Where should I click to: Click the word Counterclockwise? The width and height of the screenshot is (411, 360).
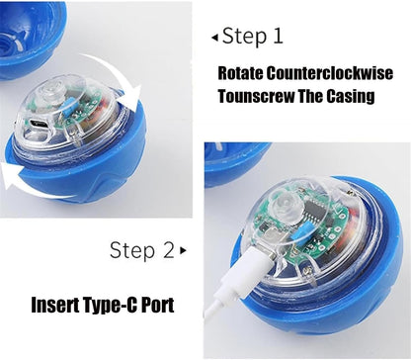coord(329,73)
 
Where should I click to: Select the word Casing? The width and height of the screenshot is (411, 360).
coord(351,96)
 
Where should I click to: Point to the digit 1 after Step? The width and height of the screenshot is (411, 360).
coord(278,36)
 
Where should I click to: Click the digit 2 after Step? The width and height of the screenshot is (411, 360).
coord(169,250)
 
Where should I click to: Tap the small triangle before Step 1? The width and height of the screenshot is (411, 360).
coord(214,38)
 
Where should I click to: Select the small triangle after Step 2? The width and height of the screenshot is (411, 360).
coord(183,250)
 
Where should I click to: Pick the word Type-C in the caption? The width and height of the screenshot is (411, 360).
coord(110,306)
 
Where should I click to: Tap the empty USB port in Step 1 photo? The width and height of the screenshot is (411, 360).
coord(39,124)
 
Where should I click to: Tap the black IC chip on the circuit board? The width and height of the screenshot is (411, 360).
coord(314,212)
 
